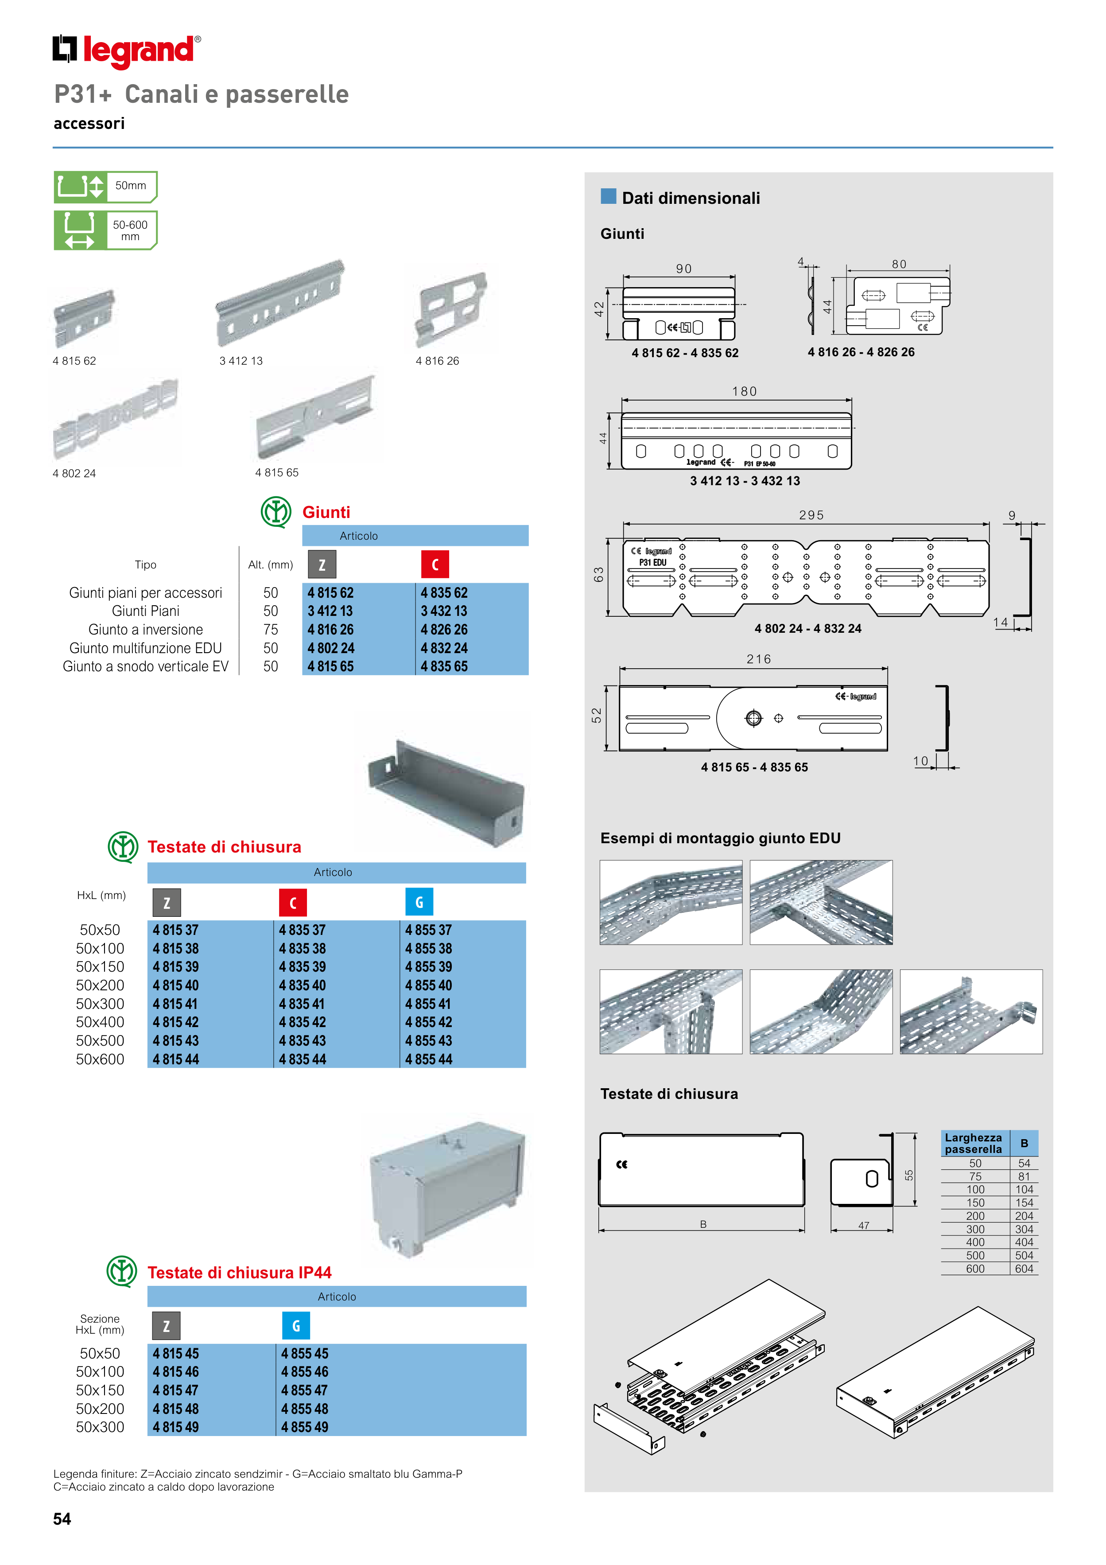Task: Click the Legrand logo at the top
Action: (127, 51)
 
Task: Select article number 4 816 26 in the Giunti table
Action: (330, 629)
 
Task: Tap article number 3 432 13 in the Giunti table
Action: (444, 611)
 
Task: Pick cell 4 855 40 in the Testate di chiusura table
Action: (429, 985)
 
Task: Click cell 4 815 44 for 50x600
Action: (176, 1059)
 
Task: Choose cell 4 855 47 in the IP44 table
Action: (305, 1390)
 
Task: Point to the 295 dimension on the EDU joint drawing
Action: (811, 515)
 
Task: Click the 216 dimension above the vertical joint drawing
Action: (758, 659)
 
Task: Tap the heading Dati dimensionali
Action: (691, 199)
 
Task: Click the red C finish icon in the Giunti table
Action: (435, 564)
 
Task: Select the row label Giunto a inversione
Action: (145, 629)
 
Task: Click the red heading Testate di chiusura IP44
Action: (239, 1273)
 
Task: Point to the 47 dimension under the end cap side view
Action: (863, 1226)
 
